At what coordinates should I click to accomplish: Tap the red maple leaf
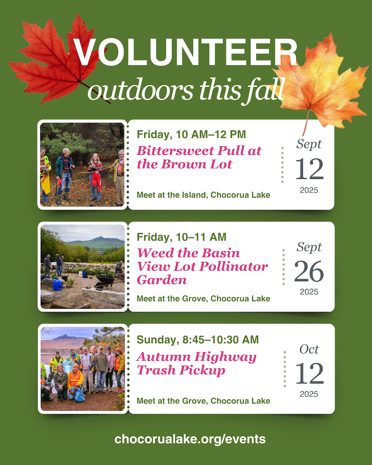(x=56, y=59)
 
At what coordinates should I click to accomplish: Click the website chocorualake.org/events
(x=190, y=439)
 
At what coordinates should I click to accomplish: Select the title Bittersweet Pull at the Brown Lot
(x=199, y=158)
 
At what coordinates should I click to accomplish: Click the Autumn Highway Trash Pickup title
(x=196, y=364)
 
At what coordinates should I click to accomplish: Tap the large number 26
(x=309, y=272)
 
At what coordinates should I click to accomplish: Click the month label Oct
(x=309, y=349)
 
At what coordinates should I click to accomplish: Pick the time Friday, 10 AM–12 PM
(x=191, y=134)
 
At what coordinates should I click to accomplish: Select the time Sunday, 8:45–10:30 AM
(x=198, y=340)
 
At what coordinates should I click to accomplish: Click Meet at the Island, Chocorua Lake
(x=203, y=195)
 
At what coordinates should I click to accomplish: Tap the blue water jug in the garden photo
(x=57, y=285)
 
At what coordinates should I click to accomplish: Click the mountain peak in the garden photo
(x=101, y=237)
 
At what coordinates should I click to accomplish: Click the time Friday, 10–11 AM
(x=181, y=237)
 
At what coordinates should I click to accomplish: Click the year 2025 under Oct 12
(x=309, y=394)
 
